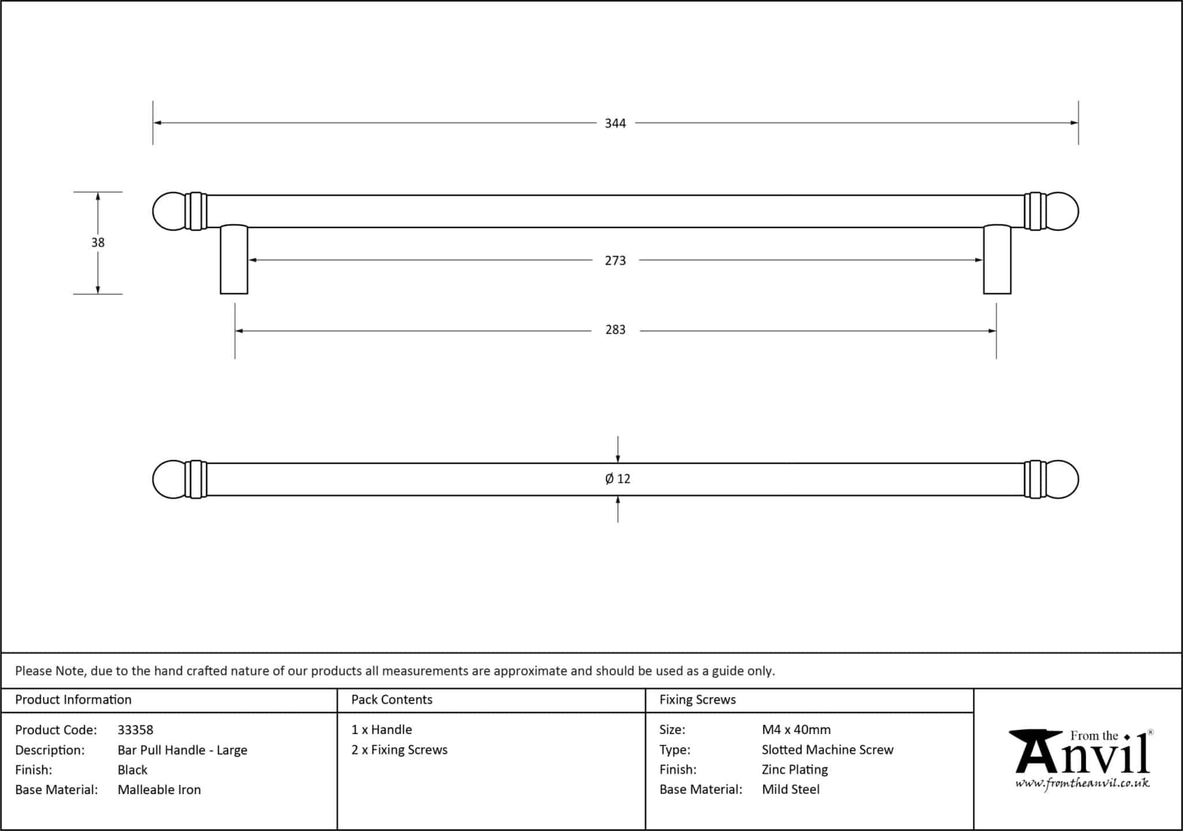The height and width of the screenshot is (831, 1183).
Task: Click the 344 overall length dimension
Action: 615,123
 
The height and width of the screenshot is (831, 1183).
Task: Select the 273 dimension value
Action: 615,261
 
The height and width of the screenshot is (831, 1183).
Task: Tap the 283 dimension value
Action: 615,330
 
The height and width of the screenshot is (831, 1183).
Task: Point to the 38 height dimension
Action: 98,243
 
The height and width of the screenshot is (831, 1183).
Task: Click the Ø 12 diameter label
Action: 617,479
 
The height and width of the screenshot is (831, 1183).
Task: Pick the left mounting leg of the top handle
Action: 234,260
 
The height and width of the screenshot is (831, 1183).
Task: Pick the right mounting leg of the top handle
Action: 997,260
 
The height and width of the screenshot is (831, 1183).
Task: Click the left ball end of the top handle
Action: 169,211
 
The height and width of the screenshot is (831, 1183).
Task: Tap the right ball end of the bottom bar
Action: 1062,479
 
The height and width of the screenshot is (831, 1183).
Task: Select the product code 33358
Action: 135,730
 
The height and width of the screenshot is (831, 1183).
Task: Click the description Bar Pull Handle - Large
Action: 182,750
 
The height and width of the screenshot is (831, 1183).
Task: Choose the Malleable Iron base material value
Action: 159,790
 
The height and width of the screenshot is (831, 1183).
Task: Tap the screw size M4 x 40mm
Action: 796,730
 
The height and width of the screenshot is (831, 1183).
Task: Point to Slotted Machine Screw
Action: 827,750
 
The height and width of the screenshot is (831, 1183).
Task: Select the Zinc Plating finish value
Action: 794,770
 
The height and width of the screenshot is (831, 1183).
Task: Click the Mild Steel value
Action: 790,790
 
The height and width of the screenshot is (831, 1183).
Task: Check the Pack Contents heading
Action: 392,700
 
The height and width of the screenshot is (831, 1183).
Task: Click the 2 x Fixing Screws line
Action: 399,750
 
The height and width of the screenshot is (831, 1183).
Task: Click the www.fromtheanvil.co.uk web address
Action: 1082,784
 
